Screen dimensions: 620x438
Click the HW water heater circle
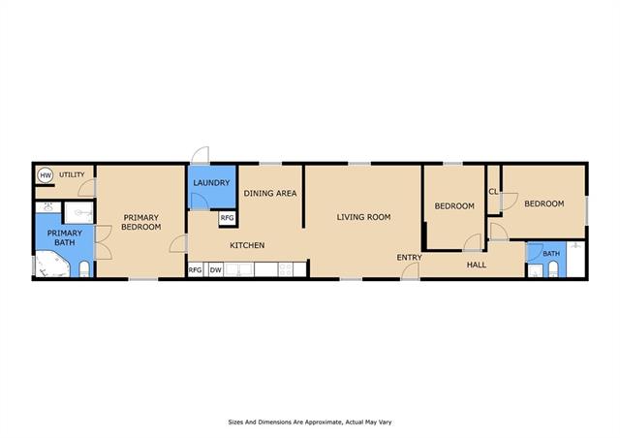coord(46,174)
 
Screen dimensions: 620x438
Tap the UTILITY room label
coord(72,174)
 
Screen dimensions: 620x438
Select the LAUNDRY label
coord(211,183)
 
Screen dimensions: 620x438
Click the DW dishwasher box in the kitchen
coord(215,270)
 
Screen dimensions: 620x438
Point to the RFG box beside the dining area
coord(227,218)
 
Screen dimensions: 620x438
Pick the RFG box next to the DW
coord(196,270)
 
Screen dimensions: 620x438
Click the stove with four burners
coord(285,269)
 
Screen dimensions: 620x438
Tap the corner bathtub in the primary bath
coord(52,264)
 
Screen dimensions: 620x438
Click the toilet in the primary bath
coord(84,269)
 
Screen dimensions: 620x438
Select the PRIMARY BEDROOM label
coord(141,222)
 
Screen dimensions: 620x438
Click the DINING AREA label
coord(270,193)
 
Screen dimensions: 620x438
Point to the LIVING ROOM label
coord(364,217)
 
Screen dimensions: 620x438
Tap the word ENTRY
coord(409,257)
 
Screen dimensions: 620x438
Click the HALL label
coord(477,265)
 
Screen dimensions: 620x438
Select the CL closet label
coord(493,192)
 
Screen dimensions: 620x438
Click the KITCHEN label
coord(247,245)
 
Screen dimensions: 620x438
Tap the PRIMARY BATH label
coord(65,237)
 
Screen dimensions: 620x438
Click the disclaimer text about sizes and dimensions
coord(310,422)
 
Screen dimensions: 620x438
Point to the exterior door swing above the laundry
coord(201,155)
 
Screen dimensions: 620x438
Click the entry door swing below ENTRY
coord(411,270)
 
